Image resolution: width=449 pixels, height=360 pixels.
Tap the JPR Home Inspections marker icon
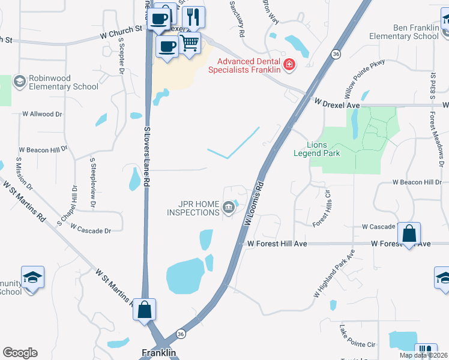point(228,208)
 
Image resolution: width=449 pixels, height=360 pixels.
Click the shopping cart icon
point(190,43)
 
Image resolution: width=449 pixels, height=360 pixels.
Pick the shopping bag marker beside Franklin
point(144,310)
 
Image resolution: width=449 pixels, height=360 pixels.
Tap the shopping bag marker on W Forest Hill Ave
point(409,233)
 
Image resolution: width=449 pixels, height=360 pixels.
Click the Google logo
point(20,353)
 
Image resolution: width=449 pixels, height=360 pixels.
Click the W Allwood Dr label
point(42,113)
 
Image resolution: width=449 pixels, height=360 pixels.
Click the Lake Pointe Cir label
point(357,337)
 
